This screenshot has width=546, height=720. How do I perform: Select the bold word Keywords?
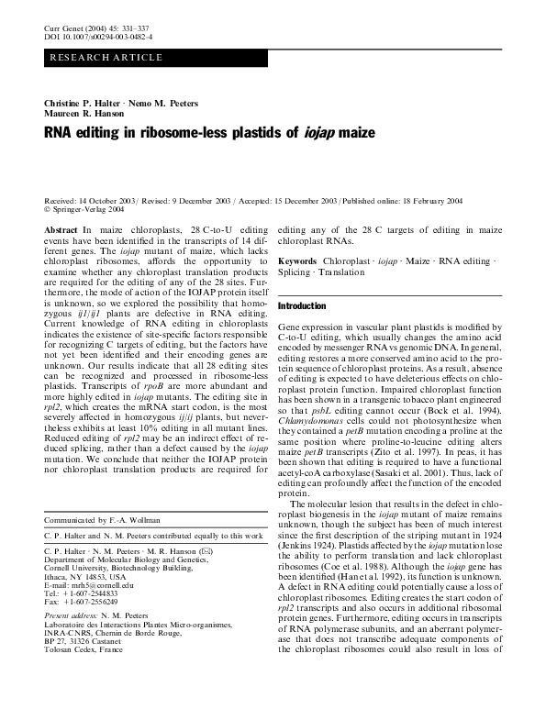301,261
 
